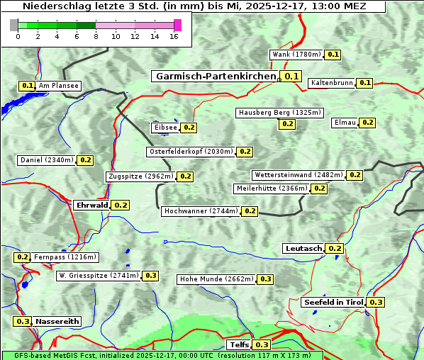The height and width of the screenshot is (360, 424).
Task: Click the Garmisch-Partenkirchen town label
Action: (215, 77)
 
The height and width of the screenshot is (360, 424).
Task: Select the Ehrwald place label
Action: (91, 206)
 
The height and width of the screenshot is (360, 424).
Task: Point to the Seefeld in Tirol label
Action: (333, 303)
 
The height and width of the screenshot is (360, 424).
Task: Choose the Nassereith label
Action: (57, 321)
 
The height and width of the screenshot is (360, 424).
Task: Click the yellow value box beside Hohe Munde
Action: (265, 279)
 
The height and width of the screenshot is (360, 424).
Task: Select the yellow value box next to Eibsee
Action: (189, 128)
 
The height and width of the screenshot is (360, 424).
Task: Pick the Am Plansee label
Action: (58, 86)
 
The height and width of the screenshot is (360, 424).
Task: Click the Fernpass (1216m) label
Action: (65, 257)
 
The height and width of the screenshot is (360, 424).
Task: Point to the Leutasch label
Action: (303, 249)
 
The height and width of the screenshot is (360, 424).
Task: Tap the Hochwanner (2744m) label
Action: (201, 211)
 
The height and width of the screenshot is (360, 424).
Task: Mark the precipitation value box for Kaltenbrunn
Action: (364, 83)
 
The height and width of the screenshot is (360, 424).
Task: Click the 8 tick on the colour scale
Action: (96, 37)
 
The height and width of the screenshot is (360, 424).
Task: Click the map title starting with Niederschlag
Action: (193, 6)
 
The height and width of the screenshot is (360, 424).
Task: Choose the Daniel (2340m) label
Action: (46, 160)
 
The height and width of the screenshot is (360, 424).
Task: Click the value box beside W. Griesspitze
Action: (150, 276)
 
